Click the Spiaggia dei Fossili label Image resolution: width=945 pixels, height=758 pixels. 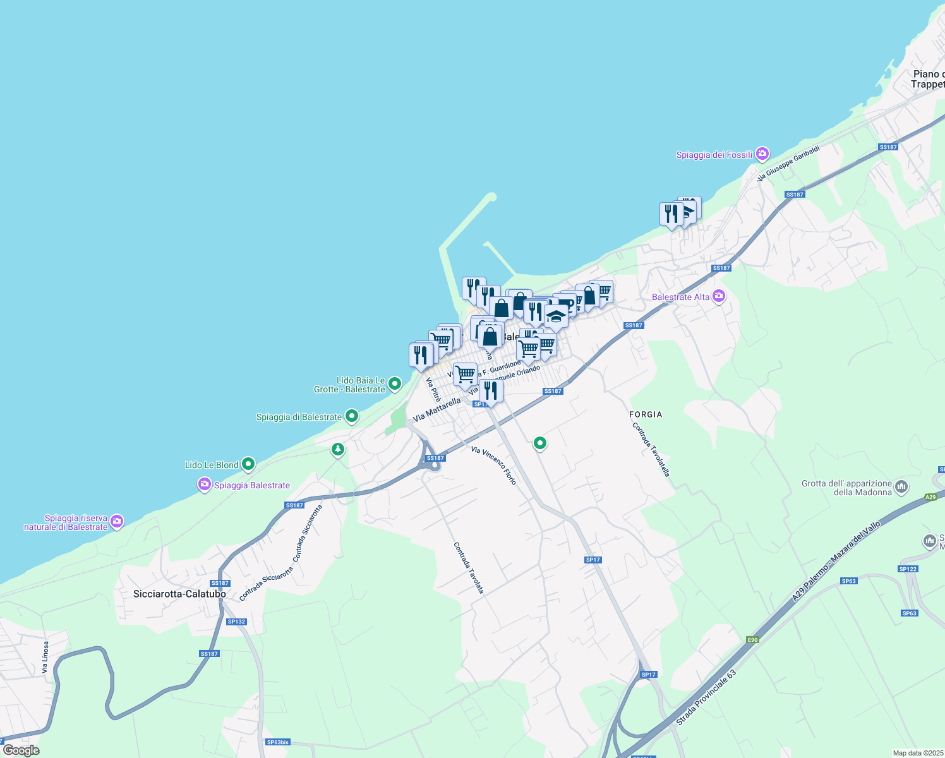coord(714,155)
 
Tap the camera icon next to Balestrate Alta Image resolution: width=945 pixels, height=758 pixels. coord(719,296)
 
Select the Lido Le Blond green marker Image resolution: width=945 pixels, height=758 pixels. coord(249,465)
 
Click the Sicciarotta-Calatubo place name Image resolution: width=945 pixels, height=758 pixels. coord(180,594)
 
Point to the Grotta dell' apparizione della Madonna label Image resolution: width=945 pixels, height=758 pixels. coord(846,488)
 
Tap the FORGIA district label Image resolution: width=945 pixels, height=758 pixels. coord(646,414)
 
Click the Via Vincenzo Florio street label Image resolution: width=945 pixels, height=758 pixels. coord(494,466)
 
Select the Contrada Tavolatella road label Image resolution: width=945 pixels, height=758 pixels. coord(651,449)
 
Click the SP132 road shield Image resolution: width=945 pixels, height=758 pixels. coord(236,622)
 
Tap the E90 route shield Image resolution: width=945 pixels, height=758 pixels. coord(752,639)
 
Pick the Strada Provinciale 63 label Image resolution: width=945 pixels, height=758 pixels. coord(706,698)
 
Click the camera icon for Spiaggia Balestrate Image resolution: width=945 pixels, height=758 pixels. coord(204,485)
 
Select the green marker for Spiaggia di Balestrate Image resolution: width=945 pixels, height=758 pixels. coord(352,417)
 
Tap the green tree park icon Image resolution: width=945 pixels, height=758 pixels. coord(338,450)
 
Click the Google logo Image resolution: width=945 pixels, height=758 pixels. coord(21,750)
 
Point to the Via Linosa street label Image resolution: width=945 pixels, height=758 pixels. coord(45,658)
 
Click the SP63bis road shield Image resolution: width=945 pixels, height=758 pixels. coord(277,742)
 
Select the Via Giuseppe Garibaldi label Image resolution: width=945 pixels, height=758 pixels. coord(788,164)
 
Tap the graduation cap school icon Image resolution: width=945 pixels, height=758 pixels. coord(556,316)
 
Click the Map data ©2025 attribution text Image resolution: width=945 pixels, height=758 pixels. coord(917,753)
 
